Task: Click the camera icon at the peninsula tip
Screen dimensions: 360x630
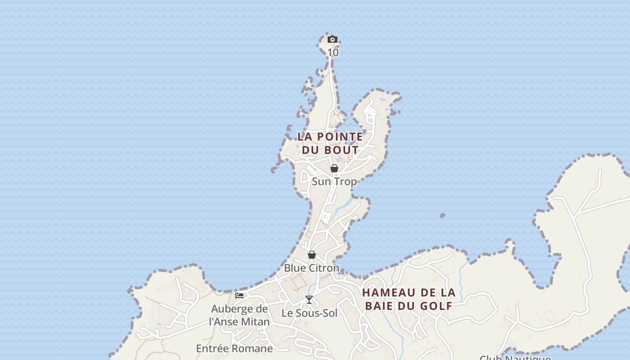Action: point(333,40)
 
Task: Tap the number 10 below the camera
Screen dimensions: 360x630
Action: point(333,53)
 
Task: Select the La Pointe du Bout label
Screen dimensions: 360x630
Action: point(330,143)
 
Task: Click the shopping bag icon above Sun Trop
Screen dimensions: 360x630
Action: point(334,168)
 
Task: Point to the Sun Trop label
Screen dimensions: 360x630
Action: point(334,182)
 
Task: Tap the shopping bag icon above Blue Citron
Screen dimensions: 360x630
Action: point(312,255)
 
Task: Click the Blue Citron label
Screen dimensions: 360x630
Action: point(311,268)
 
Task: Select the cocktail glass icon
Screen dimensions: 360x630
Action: point(309,300)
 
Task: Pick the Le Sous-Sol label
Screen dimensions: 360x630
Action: point(309,313)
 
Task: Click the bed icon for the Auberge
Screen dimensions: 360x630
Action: point(239,296)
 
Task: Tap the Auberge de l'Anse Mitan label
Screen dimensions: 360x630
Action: point(239,315)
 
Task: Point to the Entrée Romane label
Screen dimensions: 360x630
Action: point(234,349)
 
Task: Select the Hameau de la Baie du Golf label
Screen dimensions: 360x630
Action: point(409,299)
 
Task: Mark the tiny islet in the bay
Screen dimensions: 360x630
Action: point(442,216)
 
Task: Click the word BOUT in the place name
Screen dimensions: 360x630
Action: point(342,150)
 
